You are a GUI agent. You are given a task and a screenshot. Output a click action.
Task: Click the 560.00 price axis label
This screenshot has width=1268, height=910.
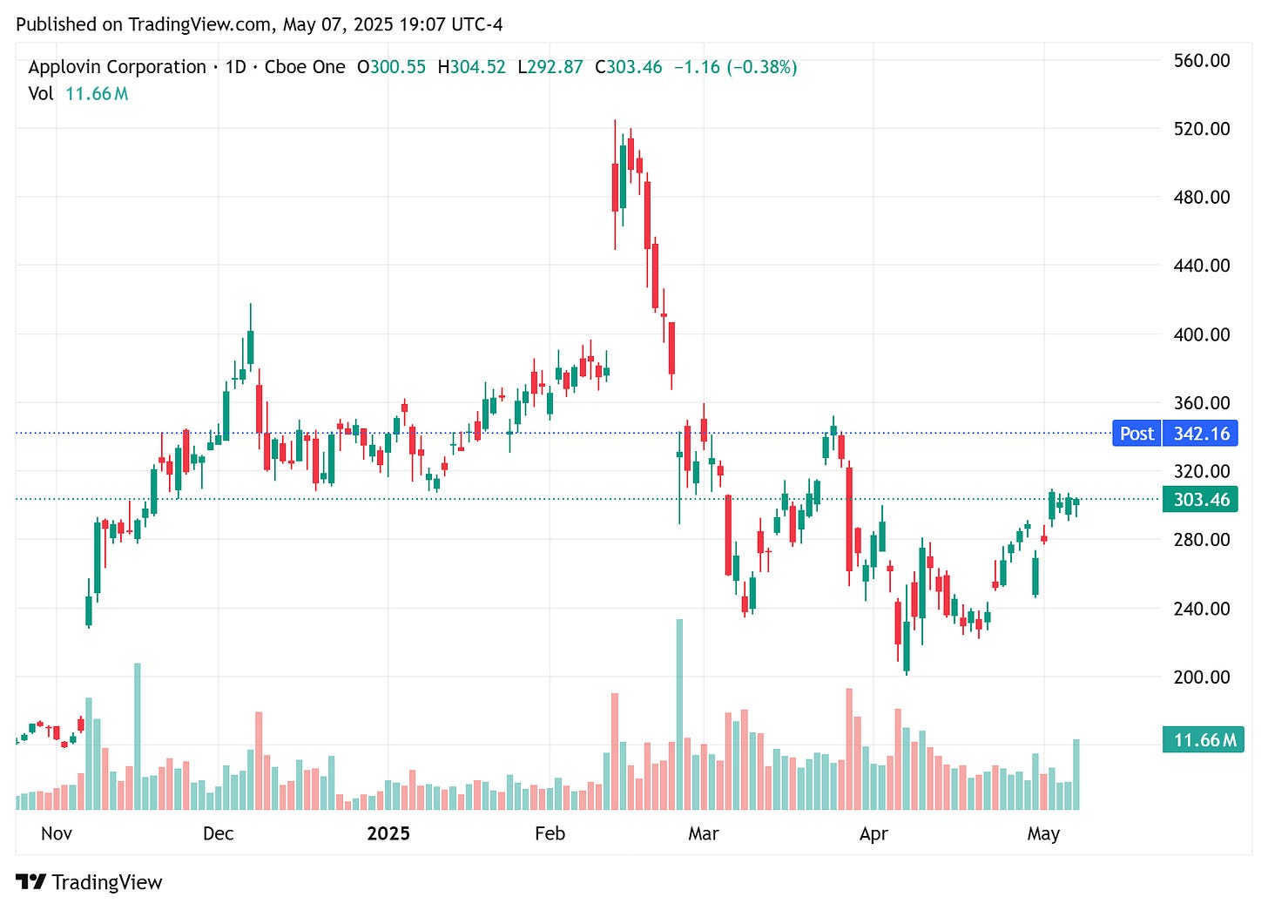coord(1201,60)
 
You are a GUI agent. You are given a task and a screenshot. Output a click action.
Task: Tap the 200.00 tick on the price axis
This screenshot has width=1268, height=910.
coord(1201,677)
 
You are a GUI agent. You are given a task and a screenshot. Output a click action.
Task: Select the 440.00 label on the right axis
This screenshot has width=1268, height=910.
coord(1201,266)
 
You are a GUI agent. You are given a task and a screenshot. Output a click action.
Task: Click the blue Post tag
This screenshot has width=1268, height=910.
coord(1136,434)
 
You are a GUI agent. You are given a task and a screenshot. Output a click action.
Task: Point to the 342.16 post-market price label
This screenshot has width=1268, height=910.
coord(1201,434)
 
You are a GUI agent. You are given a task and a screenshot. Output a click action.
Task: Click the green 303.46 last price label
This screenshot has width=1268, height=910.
coord(1201,500)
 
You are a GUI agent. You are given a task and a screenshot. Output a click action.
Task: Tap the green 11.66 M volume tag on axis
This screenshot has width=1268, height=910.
coord(1204,740)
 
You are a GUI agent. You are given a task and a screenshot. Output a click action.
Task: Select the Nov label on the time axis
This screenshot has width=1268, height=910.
coord(57,833)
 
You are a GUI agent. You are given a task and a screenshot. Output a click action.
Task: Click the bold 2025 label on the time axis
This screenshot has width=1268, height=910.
coord(388,833)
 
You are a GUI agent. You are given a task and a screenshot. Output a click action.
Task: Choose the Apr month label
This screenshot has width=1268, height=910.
coord(873,833)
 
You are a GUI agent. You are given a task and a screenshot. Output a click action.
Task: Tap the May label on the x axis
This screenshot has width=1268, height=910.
coord(1043,833)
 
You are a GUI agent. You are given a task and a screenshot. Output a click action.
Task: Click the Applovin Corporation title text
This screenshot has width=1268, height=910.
coord(117,67)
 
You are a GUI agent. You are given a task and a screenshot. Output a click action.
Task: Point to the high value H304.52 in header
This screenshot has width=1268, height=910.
coord(471,67)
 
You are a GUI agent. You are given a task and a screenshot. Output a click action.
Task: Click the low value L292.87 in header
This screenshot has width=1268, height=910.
coord(550,67)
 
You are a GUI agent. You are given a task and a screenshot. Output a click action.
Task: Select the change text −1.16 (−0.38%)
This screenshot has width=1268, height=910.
coord(735,67)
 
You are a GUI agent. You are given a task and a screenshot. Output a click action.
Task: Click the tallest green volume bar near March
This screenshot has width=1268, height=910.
coord(679,714)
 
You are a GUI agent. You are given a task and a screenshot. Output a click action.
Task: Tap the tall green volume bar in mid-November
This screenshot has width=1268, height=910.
coord(138,736)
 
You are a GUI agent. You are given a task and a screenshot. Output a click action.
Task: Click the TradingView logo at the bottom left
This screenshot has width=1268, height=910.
coord(89,882)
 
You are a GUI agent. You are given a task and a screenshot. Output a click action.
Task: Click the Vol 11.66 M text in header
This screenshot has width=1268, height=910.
coord(78,93)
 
